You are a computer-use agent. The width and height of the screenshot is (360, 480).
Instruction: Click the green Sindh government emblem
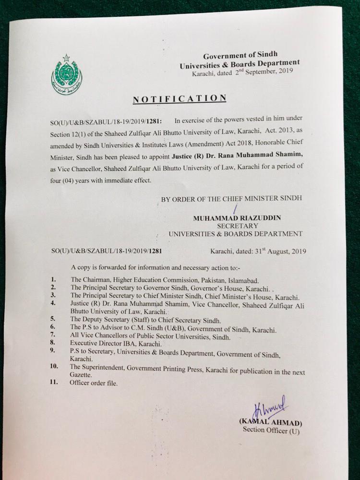[67, 75]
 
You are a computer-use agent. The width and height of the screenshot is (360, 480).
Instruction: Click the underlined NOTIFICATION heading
[180, 99]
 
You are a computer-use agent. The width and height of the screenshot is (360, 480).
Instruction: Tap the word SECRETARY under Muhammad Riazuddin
[237, 226]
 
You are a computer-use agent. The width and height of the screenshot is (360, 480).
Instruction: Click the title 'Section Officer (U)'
[271, 430]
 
